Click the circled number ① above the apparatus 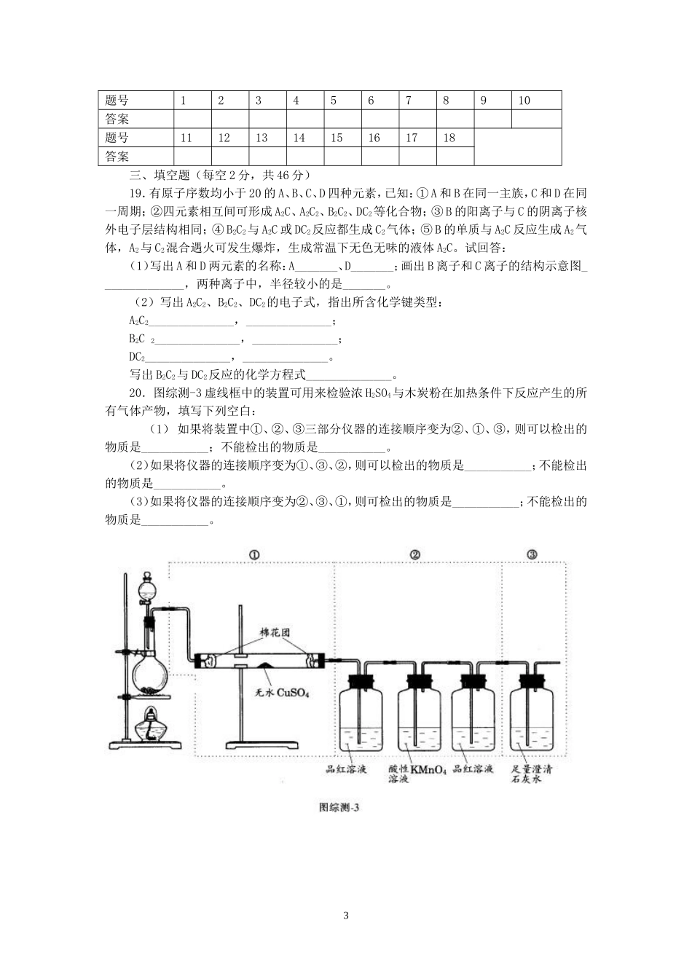(x=254, y=554)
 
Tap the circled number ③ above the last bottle (x=532, y=554)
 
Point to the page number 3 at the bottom (x=346, y=916)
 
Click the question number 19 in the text (x=137, y=193)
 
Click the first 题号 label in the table (x=117, y=101)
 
